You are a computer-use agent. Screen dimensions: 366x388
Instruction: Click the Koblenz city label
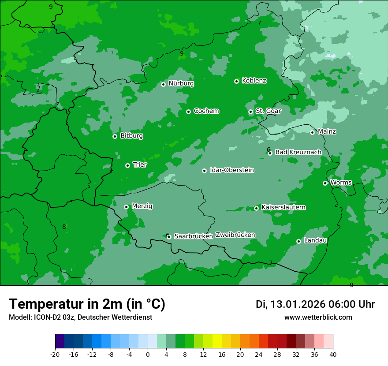tap(254, 81)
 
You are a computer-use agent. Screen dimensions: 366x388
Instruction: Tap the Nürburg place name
tap(181, 83)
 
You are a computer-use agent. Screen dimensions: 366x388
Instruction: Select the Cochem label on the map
tap(206, 111)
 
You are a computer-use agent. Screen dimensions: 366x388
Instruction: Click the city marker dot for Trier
tap(127, 165)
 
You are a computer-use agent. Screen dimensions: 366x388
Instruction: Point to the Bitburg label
tap(131, 136)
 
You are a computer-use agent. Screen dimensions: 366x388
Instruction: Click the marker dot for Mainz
tap(312, 132)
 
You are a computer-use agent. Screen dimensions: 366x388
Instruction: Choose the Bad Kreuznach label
tap(298, 152)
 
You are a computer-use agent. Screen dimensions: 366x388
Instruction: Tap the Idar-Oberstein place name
tap(231, 170)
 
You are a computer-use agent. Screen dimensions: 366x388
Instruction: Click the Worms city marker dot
tap(325, 183)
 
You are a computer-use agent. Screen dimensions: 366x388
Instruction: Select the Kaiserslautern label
tap(283, 207)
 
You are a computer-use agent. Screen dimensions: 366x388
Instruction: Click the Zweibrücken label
tap(235, 235)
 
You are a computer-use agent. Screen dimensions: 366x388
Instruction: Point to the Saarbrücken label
tap(193, 236)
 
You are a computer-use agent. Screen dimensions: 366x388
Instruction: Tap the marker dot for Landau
tap(298, 241)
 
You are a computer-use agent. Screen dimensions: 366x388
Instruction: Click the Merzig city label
tap(142, 206)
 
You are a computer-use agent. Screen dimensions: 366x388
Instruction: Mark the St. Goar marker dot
tap(250, 112)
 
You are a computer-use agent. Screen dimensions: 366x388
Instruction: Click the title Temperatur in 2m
tap(87, 304)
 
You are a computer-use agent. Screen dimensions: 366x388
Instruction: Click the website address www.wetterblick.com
tap(318, 317)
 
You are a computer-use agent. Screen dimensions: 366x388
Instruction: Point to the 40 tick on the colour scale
tap(333, 354)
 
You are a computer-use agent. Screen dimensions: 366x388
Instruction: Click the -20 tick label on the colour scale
tap(55, 354)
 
